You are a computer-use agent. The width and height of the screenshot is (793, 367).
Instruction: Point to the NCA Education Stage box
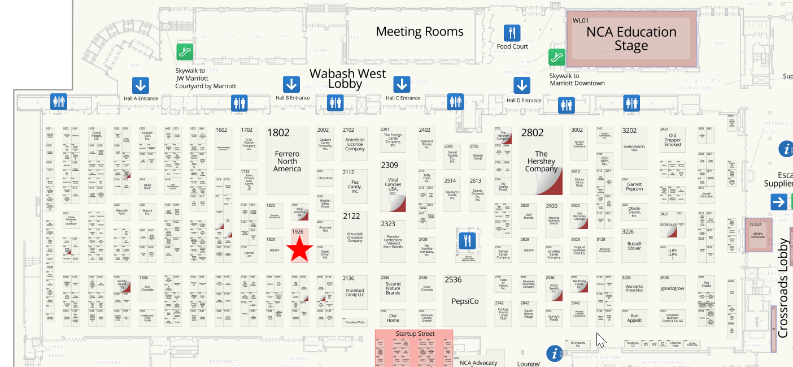coord(631,39)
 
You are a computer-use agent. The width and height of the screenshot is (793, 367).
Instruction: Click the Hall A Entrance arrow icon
coord(141,85)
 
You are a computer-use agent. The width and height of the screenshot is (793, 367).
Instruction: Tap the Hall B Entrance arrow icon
coord(291,85)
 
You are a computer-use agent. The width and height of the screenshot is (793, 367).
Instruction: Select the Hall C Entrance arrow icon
coord(402,85)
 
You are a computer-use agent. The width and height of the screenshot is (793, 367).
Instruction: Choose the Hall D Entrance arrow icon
coord(522,85)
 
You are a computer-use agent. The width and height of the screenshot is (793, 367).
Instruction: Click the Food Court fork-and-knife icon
coord(512,33)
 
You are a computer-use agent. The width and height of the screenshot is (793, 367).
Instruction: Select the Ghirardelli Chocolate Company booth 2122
coord(355,234)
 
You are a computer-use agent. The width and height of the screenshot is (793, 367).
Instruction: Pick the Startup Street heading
coord(415,334)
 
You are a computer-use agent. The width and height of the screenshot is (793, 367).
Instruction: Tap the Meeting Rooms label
coord(420,32)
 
